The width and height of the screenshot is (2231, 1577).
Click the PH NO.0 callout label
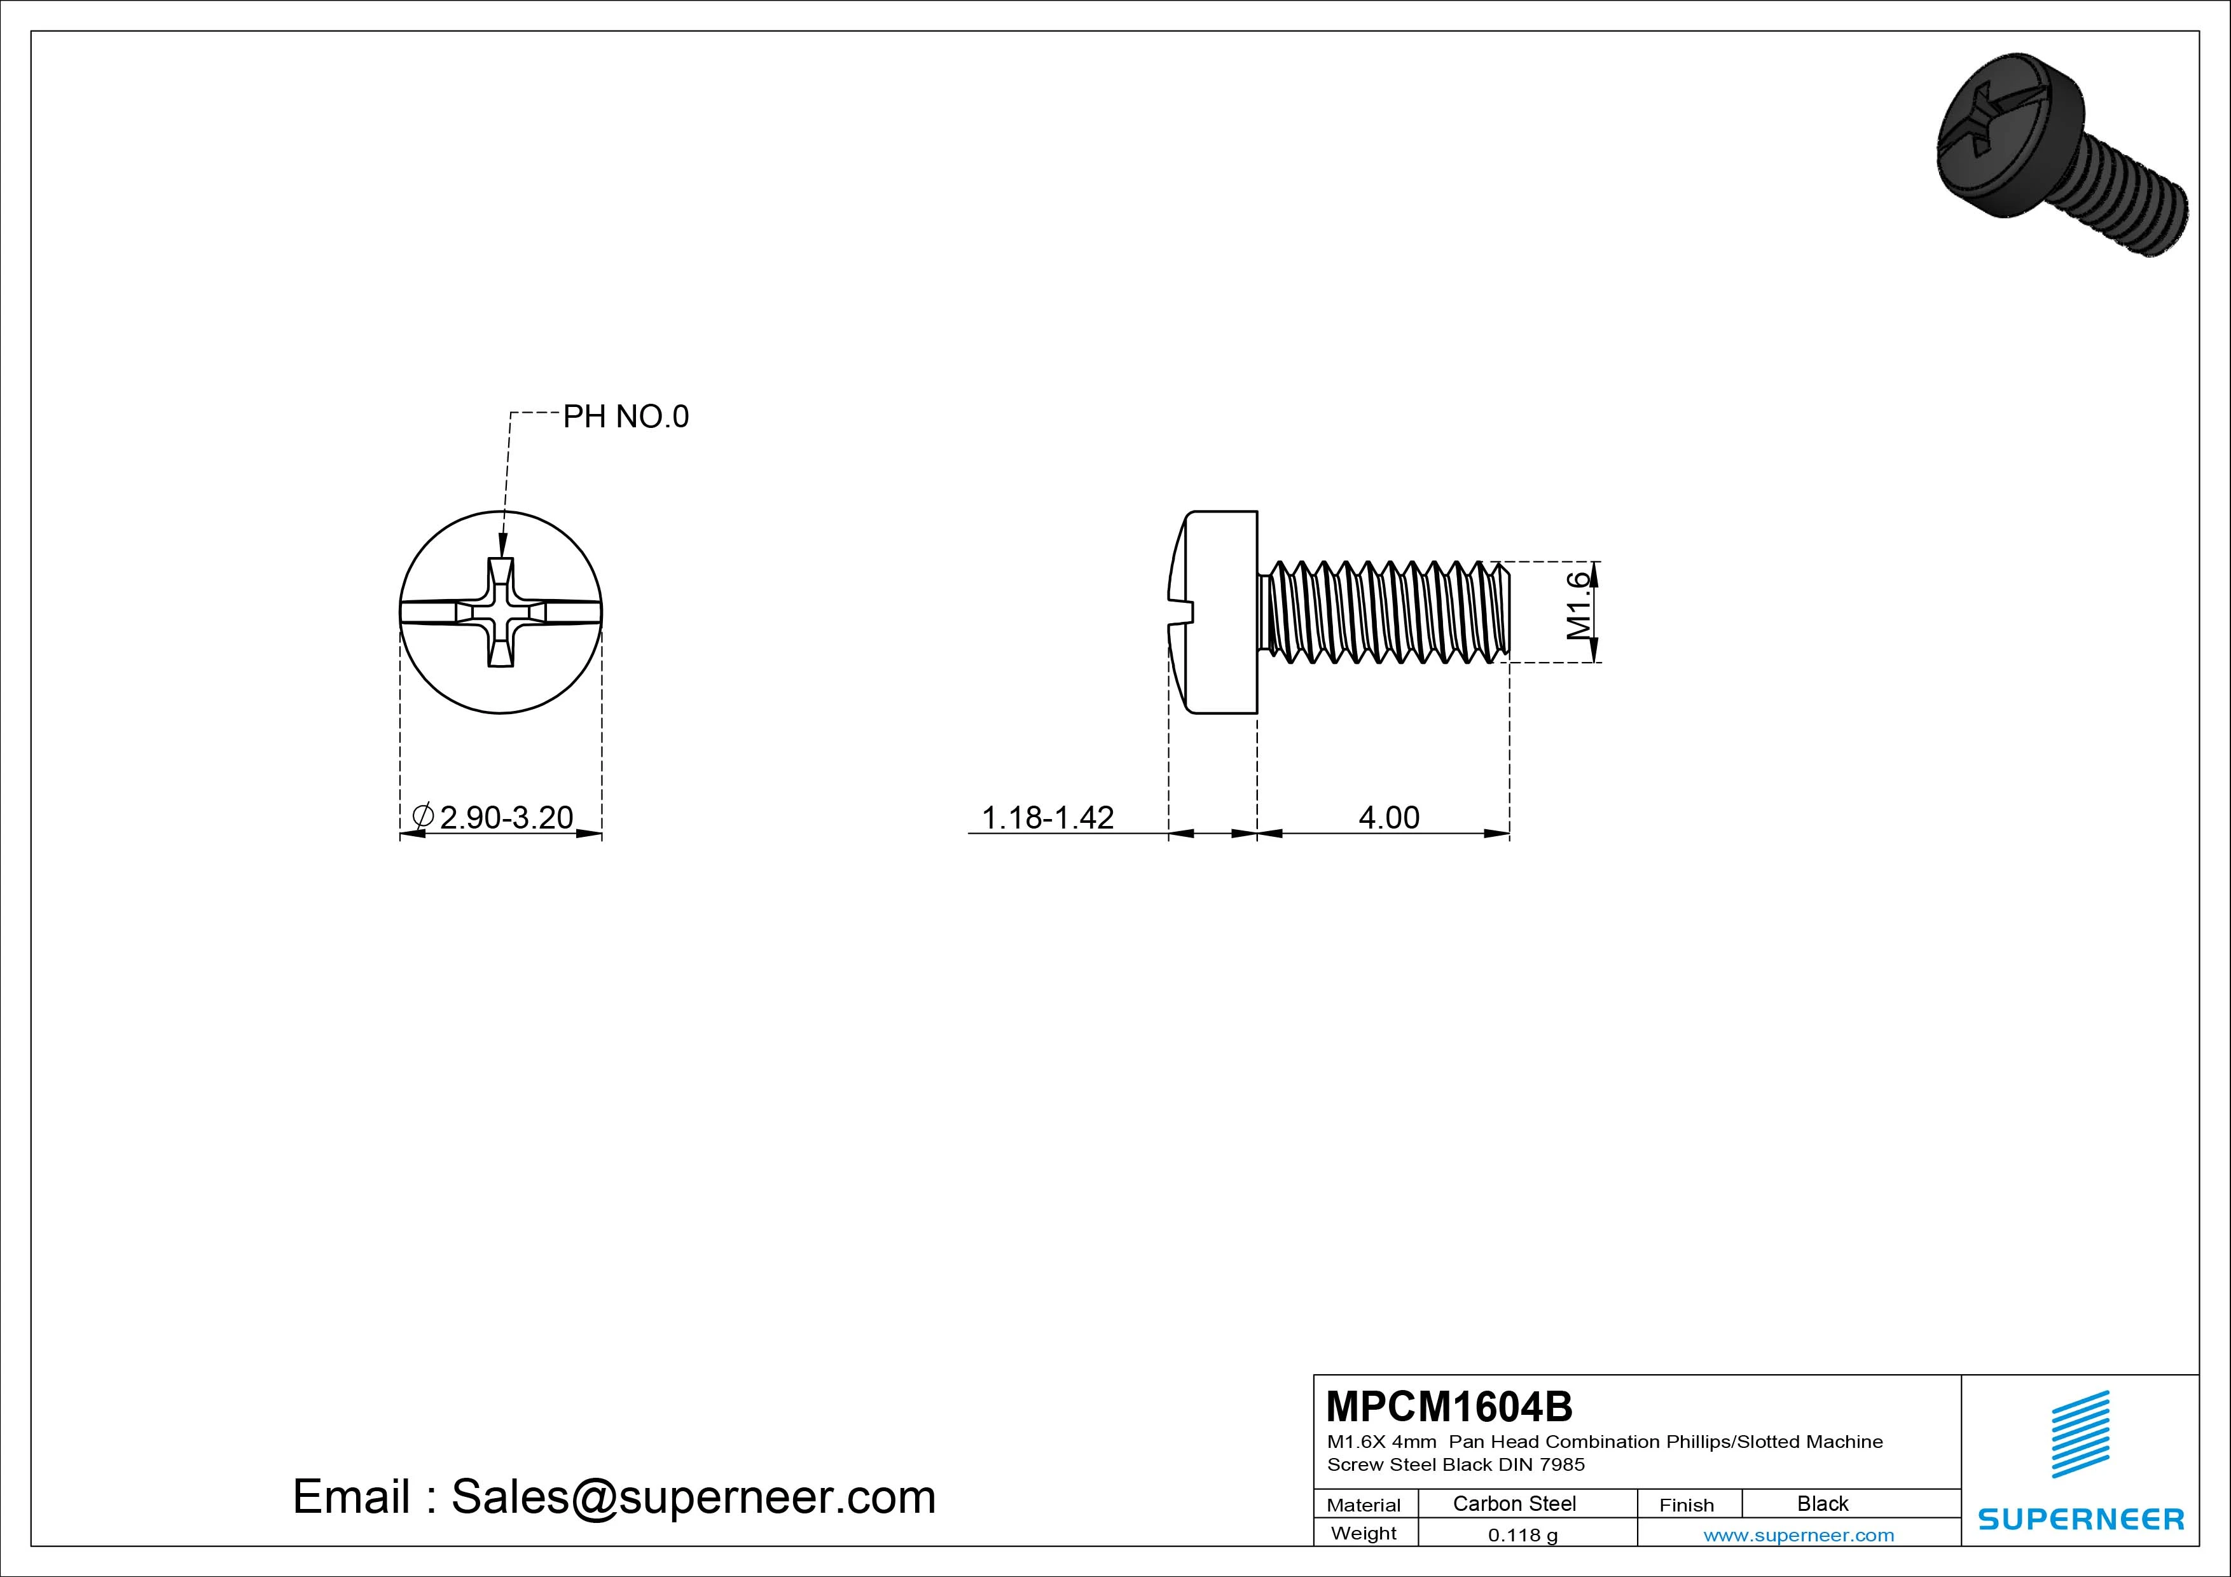tap(626, 417)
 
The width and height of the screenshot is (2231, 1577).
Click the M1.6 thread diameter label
tap(1580, 605)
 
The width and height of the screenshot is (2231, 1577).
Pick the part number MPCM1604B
tap(1449, 1406)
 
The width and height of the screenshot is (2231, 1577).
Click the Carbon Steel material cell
tap(1514, 1503)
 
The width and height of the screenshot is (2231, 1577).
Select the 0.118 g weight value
tap(1523, 1535)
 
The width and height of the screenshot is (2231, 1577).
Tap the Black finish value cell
tap(1823, 1503)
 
